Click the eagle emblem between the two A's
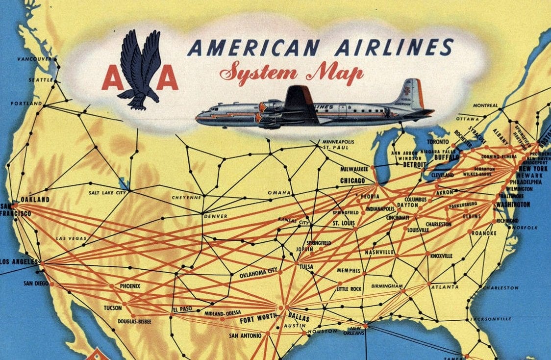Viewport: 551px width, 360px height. click(x=140, y=69)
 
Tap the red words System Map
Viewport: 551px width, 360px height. click(x=291, y=73)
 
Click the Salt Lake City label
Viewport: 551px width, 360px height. click(x=107, y=193)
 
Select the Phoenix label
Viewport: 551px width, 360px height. click(x=130, y=286)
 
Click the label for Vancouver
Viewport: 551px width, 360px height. click(x=34, y=59)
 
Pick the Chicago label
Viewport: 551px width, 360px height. click(x=352, y=180)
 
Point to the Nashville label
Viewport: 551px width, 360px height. click(x=379, y=252)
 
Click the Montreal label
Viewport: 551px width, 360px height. click(x=485, y=105)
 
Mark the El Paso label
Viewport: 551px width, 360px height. click(x=182, y=309)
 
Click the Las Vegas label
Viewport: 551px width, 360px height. click(x=71, y=238)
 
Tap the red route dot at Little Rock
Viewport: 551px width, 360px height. click(x=340, y=283)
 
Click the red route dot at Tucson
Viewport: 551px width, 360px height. click(x=124, y=304)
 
